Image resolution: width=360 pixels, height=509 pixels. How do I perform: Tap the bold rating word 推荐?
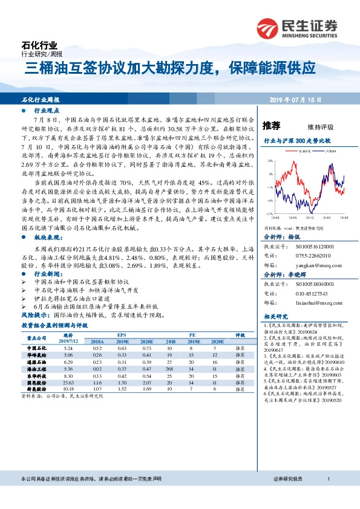point(272,126)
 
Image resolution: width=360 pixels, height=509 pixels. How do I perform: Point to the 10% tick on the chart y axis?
point(268,177)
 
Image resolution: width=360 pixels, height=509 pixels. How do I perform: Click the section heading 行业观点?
point(46,112)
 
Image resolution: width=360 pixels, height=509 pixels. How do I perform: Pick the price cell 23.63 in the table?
point(68,383)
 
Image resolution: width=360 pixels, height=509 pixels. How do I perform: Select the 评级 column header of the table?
point(240,335)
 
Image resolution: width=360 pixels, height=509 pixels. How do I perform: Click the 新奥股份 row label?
point(38,389)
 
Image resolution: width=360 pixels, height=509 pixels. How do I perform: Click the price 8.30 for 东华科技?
point(68,376)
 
